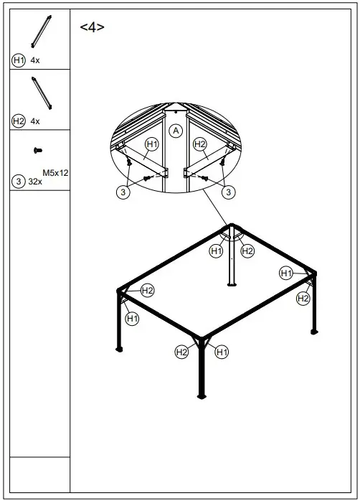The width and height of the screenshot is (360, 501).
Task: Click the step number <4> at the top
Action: point(92,27)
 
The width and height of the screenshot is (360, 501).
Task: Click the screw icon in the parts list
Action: point(37,150)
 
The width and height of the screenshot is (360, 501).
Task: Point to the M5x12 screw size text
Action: point(55,173)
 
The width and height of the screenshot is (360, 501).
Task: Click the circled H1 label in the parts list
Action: point(19,61)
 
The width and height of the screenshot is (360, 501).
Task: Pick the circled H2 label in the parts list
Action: point(19,121)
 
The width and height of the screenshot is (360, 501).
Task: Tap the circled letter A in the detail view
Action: point(175,131)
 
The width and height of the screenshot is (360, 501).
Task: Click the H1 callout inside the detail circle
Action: point(151,145)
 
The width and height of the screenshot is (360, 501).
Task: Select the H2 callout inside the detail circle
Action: point(200,145)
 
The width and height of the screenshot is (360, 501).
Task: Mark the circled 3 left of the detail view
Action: point(123,192)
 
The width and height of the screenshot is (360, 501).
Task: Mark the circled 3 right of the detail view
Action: point(228,192)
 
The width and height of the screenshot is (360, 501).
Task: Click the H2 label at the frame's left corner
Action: point(147,291)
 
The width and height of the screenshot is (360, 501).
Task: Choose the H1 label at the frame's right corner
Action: point(286,273)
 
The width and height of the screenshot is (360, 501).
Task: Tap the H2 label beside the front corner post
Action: point(182,352)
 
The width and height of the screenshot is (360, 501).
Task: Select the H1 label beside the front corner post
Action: point(222,352)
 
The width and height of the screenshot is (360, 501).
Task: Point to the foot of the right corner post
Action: point(313,331)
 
